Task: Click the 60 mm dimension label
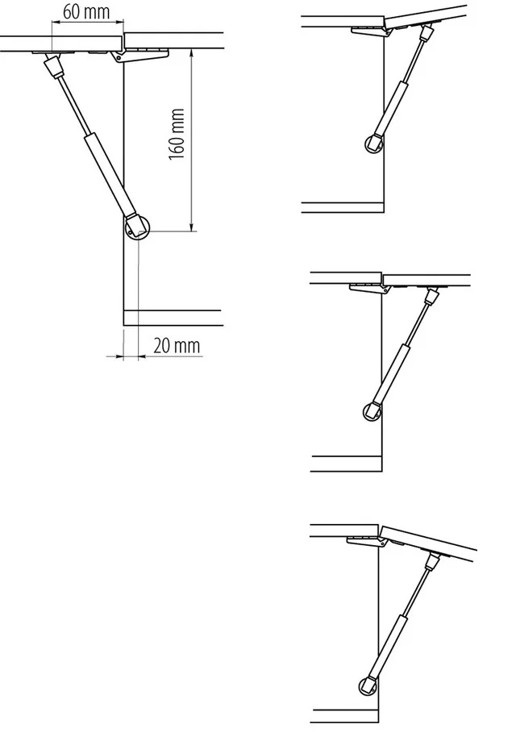point(86,12)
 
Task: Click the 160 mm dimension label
point(177,135)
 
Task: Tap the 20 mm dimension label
point(177,345)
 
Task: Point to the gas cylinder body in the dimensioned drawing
point(110,174)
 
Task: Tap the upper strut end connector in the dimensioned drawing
point(54,66)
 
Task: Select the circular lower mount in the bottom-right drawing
point(368,685)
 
